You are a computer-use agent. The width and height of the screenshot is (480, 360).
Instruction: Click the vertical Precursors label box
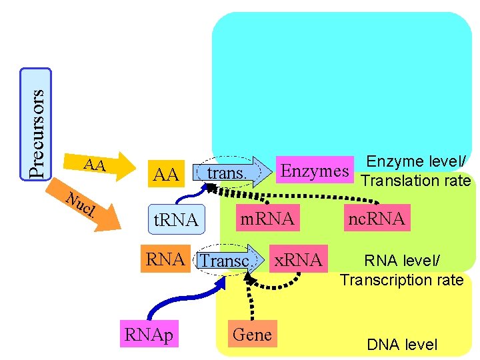tap(35, 124)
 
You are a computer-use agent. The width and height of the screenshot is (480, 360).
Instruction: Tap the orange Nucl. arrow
tap(87, 207)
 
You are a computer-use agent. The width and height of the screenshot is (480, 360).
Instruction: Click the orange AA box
tap(165, 175)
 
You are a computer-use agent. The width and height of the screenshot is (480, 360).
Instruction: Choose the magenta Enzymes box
tap(315, 171)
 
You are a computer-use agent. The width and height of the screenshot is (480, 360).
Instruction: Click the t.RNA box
tap(175, 219)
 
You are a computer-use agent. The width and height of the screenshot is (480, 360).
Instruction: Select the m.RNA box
tap(267, 217)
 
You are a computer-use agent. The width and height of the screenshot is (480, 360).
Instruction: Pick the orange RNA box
tap(165, 259)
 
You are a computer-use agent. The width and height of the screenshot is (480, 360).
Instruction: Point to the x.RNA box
tap(298, 259)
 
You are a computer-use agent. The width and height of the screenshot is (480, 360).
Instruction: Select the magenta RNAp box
tap(148, 335)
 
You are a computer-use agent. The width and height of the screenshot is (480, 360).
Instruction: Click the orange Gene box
tap(252, 335)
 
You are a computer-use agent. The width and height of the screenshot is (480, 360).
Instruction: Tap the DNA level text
tap(402, 345)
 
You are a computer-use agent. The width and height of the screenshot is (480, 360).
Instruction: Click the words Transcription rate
tap(401, 280)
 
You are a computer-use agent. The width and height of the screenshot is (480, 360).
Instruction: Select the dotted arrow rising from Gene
tap(251, 300)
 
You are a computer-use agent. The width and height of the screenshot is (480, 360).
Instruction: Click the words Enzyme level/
tap(416, 162)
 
